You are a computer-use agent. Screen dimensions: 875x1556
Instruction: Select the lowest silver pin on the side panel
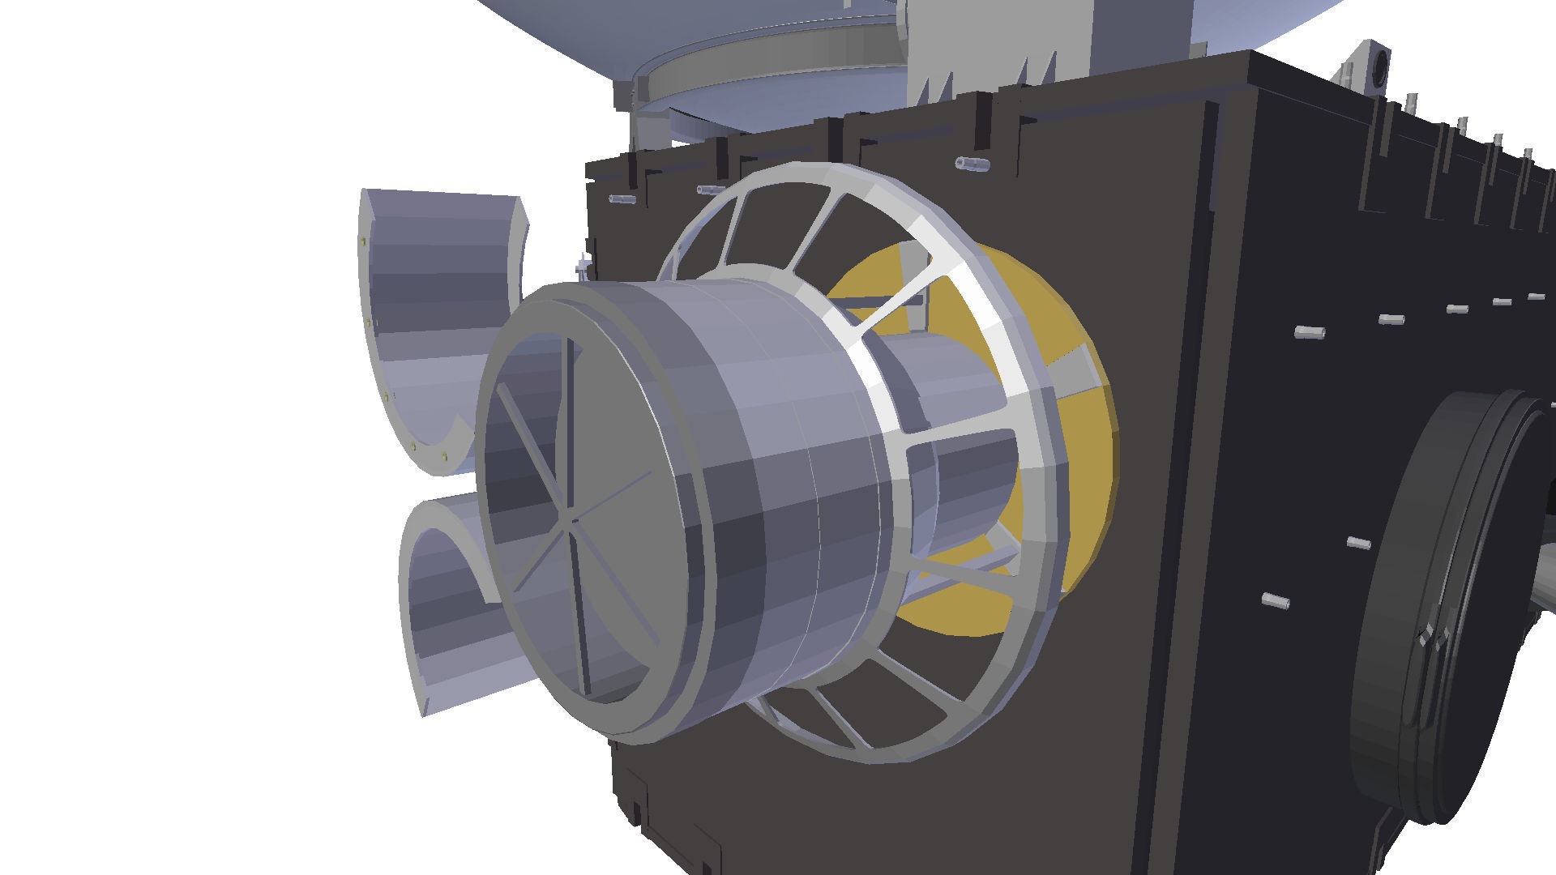pyautogui.click(x=1276, y=601)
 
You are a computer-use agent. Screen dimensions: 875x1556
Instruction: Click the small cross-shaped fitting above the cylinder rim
pyautogui.click(x=583, y=267)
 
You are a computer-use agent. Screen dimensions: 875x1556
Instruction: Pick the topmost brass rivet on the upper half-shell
pyautogui.click(x=361, y=241)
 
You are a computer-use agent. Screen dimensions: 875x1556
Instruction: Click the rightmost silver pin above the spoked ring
pyautogui.click(x=972, y=164)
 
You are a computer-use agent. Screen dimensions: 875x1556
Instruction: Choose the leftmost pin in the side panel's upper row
pyautogui.click(x=1309, y=332)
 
